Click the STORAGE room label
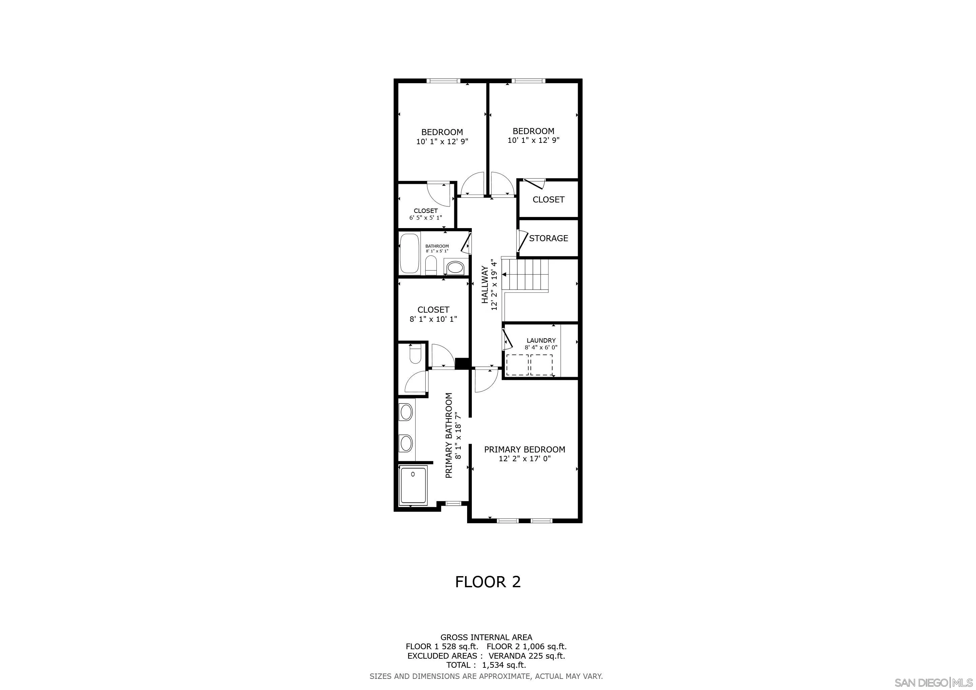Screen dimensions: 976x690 click(548, 238)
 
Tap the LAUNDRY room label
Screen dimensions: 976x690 click(541, 340)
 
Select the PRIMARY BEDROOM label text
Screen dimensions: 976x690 click(524, 449)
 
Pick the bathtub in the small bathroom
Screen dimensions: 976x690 click(409, 253)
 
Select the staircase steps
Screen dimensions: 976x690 click(525, 275)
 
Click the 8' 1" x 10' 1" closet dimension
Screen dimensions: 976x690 click(433, 319)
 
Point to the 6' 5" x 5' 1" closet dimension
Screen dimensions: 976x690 click(426, 218)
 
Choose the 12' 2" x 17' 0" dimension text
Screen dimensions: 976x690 click(524, 459)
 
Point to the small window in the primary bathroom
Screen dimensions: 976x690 click(453, 503)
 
